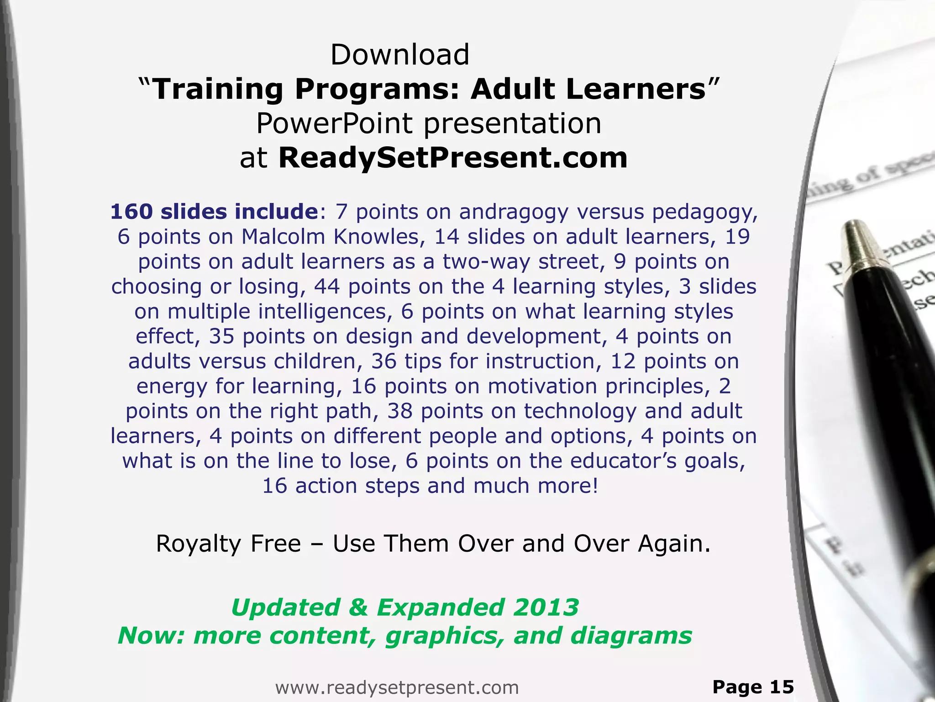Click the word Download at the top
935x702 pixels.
pyautogui.click(x=400, y=55)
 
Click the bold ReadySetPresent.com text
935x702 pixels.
pyautogui.click(x=453, y=158)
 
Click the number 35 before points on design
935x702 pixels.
pyautogui.click(x=221, y=336)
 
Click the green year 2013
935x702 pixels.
pyautogui.click(x=546, y=608)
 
